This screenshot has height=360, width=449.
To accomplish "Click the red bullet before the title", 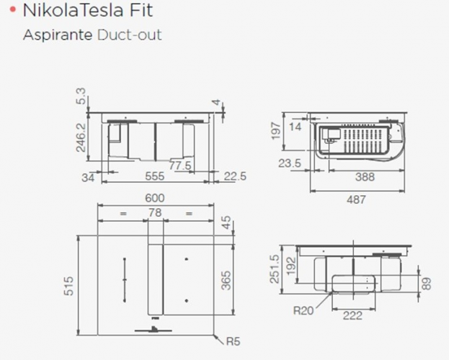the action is tap(12, 10).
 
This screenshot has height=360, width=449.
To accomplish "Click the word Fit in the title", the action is tap(141, 10).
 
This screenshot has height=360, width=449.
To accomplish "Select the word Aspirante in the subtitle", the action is tap(58, 35).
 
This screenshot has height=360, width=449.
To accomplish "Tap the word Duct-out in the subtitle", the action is tap(130, 35).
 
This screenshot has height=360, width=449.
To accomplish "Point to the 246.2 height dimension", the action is tap(81, 138).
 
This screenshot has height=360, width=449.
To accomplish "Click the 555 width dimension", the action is tap(155, 176).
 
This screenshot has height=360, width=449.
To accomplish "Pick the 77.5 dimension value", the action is tap(180, 166).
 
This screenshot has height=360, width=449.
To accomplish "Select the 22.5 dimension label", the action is tap(235, 176).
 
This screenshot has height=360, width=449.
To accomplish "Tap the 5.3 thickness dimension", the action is tap(81, 96).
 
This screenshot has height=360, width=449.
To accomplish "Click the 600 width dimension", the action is tap(155, 198).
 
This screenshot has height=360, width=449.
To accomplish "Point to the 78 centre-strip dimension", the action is tap(155, 212).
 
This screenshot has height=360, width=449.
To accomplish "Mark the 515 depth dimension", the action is tap(68, 286).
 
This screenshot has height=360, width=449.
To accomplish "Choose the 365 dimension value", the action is tap(226, 280).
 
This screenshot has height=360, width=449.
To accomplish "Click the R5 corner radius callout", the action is tap(233, 341).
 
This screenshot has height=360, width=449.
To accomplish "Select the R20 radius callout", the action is tap(303, 310).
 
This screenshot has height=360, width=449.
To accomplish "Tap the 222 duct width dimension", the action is tap(352, 315).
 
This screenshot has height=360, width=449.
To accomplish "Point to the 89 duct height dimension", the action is tap(427, 284).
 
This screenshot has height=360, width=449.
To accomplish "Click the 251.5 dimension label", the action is tap(275, 269).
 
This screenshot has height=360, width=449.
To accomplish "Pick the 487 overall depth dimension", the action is tap(356, 199).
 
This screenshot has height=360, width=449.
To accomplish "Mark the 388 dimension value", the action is tap(365, 177).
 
